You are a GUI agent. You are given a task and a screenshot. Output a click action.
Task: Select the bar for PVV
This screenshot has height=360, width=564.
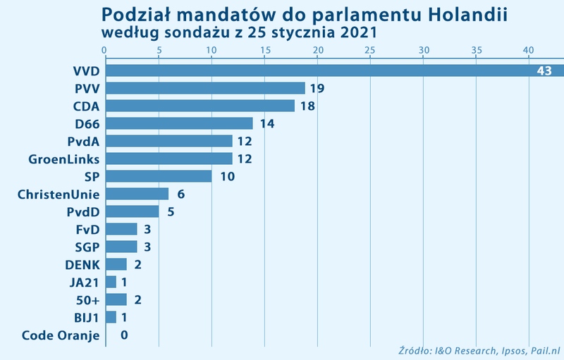click(x=205, y=88)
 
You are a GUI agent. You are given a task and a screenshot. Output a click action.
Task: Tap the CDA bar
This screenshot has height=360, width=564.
click(x=200, y=106)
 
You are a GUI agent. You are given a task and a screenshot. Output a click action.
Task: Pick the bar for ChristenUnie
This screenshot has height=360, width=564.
click(x=137, y=194)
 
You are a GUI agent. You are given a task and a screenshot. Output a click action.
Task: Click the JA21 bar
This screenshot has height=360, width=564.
click(x=111, y=282)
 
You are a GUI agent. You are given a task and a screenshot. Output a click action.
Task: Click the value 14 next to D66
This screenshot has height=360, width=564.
click(x=266, y=124)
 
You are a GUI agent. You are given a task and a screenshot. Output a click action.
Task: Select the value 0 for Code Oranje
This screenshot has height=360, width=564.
click(x=124, y=335)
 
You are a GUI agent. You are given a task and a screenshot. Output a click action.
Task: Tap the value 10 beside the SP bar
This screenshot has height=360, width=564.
click(x=227, y=177)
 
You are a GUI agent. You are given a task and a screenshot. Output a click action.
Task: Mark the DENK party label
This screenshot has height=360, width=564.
click(x=82, y=265)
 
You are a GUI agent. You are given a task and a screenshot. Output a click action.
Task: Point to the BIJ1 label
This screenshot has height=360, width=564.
click(x=86, y=318)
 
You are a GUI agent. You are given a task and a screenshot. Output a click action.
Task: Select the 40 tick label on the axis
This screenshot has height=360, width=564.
click(x=529, y=50)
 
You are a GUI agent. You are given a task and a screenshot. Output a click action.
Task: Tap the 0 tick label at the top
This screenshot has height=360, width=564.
click(x=105, y=50)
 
